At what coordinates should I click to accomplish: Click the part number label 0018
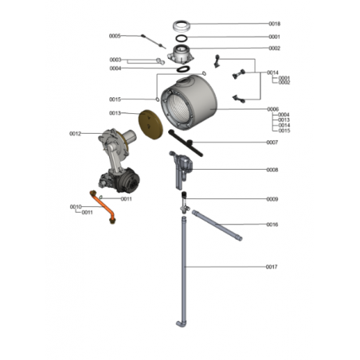(x=274, y=24)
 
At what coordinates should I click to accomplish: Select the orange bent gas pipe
(x=103, y=207)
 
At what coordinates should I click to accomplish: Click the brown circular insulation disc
(x=151, y=124)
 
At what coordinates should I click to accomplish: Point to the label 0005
(x=115, y=36)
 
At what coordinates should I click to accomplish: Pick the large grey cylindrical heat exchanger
(x=189, y=103)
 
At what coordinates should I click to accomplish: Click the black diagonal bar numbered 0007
(x=186, y=143)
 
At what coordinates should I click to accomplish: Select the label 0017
(x=272, y=267)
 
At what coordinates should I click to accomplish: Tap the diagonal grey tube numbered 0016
(x=217, y=225)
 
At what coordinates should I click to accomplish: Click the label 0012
(x=75, y=134)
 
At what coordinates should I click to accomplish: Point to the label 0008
(x=272, y=170)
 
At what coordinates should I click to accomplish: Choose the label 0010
(x=76, y=206)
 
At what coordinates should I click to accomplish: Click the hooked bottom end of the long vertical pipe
(x=181, y=324)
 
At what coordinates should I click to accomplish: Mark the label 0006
(x=273, y=109)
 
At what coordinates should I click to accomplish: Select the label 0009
(x=272, y=199)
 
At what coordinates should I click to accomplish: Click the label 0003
(x=115, y=60)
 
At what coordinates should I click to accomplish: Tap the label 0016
(x=272, y=225)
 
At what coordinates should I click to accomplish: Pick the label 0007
(x=272, y=143)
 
